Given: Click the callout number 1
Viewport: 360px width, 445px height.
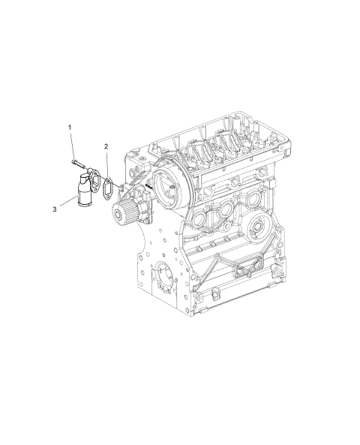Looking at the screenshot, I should [x=71, y=128].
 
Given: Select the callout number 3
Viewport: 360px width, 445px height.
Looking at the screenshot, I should [x=55, y=209].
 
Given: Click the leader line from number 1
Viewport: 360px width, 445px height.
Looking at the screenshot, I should [x=73, y=145].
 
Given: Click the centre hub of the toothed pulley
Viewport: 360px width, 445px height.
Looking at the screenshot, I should [x=123, y=214].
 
